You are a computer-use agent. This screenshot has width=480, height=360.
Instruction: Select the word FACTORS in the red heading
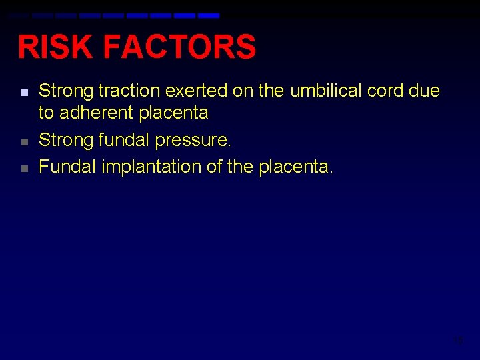[x=180, y=47]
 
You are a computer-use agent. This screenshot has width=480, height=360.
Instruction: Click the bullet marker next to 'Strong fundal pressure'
[x=23, y=142]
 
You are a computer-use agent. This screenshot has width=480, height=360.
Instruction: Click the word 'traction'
[x=124, y=91]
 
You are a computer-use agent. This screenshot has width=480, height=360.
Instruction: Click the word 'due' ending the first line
[x=425, y=91]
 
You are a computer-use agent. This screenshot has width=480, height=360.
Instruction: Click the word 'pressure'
[x=194, y=140]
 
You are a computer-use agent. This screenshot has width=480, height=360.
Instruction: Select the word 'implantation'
[x=152, y=167]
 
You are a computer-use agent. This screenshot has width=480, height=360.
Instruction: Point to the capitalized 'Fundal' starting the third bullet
[x=67, y=167]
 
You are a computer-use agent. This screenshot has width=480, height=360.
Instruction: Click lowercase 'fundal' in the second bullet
[x=125, y=140]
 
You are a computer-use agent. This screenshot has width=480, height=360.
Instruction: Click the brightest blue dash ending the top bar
[x=209, y=15]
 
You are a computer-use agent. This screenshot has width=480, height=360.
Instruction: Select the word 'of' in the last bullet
[x=215, y=167]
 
